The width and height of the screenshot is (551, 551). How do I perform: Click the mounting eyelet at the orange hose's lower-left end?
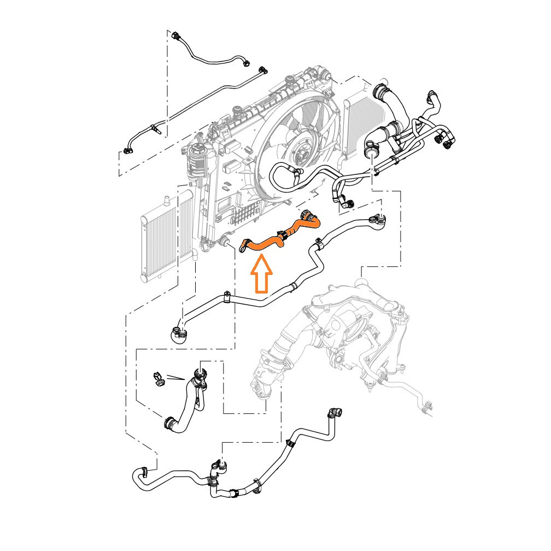point(244,247)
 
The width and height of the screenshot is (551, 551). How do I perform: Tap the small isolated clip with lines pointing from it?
point(158,379)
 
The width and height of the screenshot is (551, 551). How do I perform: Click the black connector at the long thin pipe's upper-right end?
point(263,70)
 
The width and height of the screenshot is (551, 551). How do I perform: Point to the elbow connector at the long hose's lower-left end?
point(179,333)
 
